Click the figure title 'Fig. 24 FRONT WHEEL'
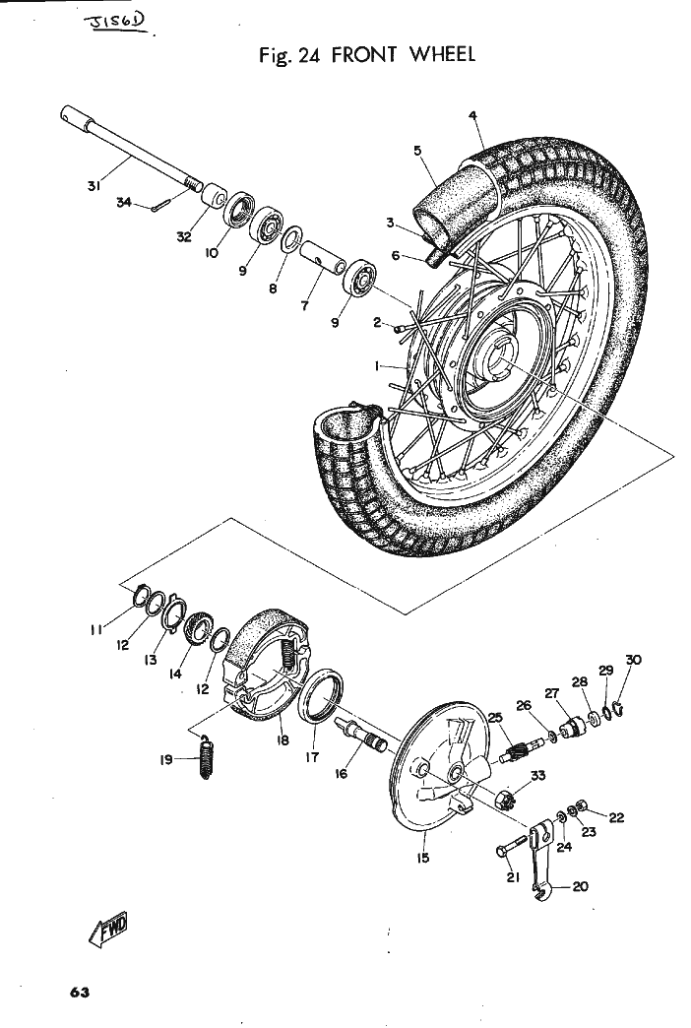364,53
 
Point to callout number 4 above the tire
473,116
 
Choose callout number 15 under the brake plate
423,858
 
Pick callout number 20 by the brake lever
580,886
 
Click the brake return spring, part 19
206,759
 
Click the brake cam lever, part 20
537,867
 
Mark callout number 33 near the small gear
537,777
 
